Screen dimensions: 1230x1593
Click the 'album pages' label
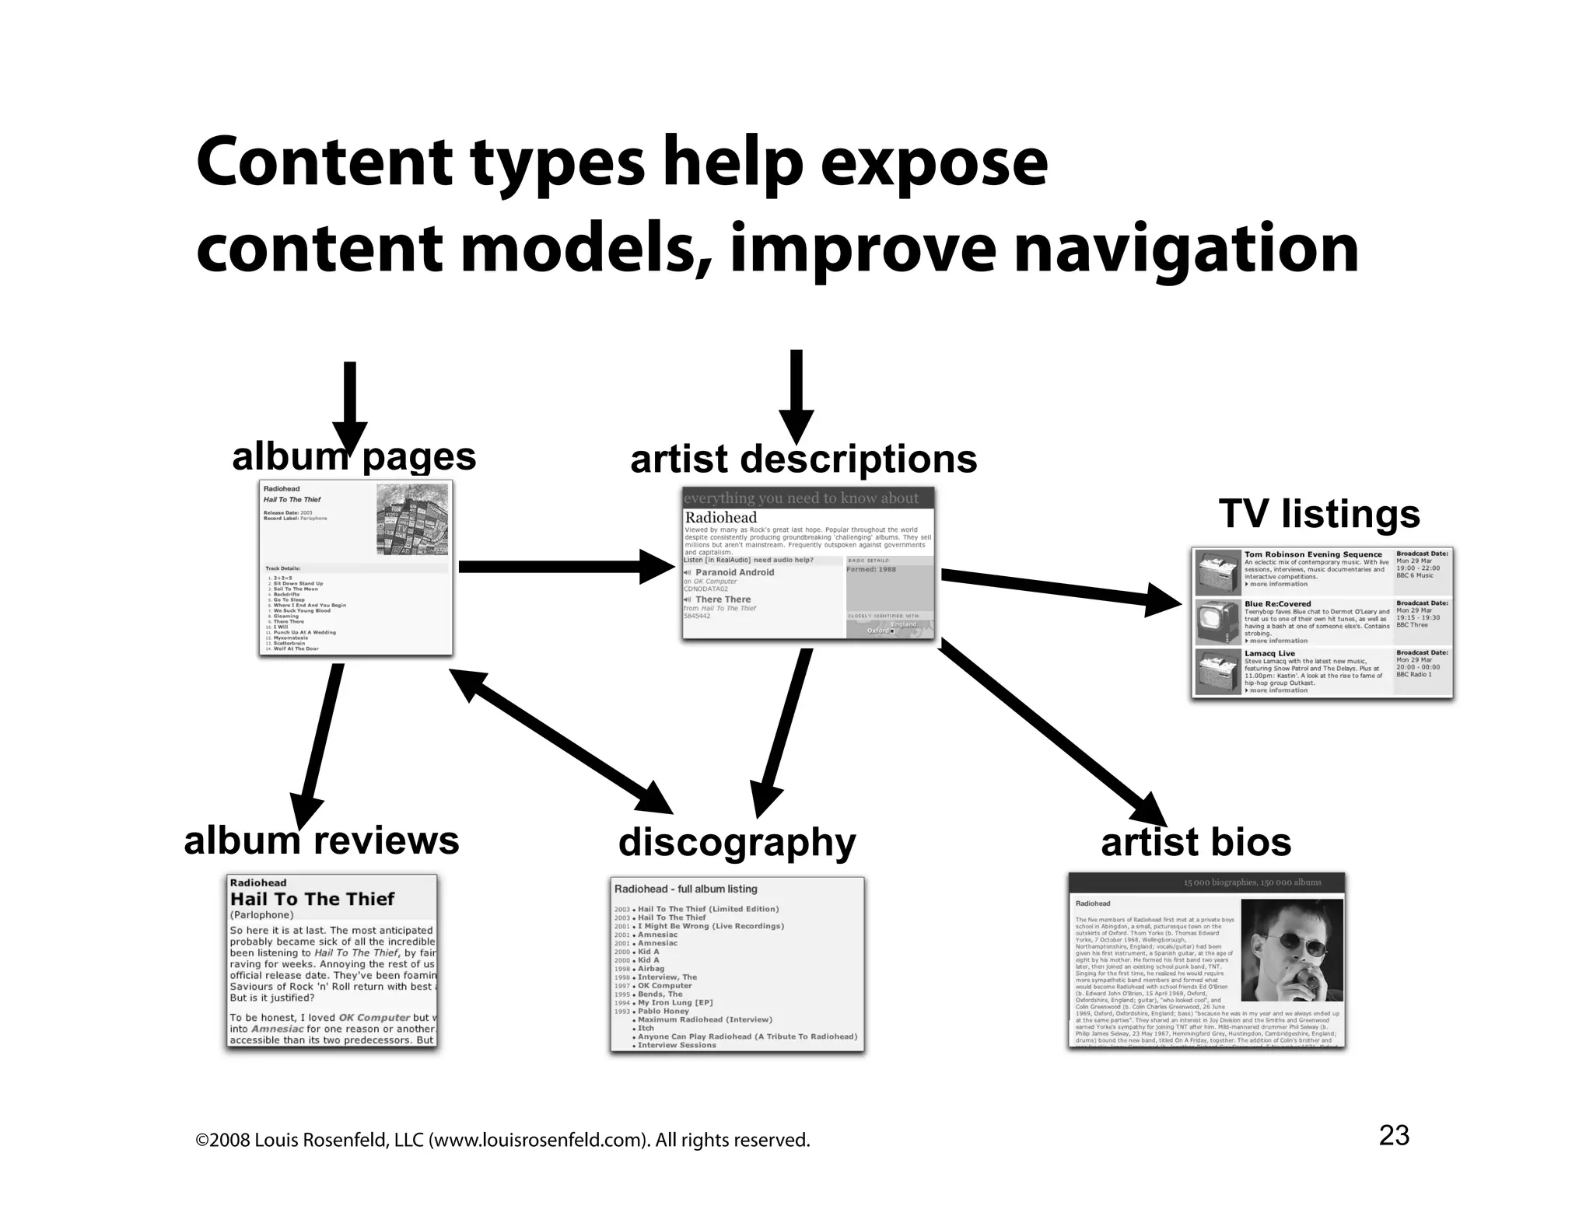click(x=354, y=456)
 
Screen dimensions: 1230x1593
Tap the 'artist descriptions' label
click(x=804, y=459)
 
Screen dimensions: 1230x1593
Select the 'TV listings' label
click(x=1319, y=514)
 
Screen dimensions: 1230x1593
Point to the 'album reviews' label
click(x=321, y=840)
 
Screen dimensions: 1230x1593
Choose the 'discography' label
click(x=737, y=842)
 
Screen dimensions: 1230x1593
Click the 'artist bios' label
click(x=1196, y=842)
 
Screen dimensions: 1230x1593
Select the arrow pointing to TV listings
click(x=1058, y=589)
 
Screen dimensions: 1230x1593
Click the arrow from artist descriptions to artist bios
click(x=1050, y=731)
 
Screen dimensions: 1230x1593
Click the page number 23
click(x=1394, y=1136)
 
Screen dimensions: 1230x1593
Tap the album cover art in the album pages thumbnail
click(x=412, y=519)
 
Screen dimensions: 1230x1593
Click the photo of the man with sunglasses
click(x=1291, y=951)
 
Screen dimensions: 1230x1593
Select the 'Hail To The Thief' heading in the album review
click(x=312, y=899)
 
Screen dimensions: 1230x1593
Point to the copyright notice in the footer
click(x=502, y=1141)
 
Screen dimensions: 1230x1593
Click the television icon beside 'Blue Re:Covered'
click(x=1218, y=620)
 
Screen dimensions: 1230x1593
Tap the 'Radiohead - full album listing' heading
click(x=685, y=889)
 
